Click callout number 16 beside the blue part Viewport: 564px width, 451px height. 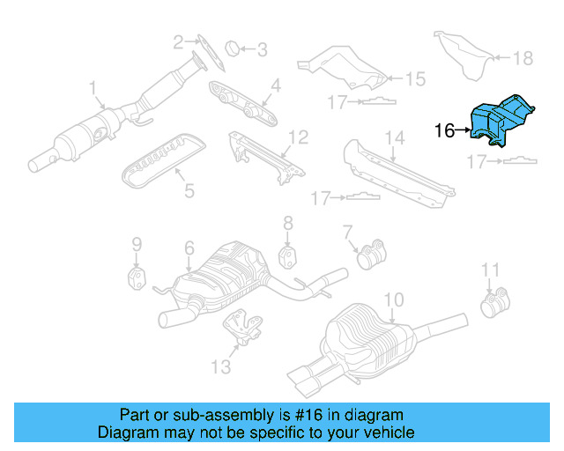coord(445,131)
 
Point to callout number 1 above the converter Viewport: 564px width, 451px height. coord(93,88)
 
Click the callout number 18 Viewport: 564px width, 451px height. coord(523,58)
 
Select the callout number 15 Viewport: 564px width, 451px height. coord(414,78)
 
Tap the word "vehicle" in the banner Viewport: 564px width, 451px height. coord(389,433)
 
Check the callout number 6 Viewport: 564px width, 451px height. coord(188,249)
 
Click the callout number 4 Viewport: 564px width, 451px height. coord(275,85)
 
